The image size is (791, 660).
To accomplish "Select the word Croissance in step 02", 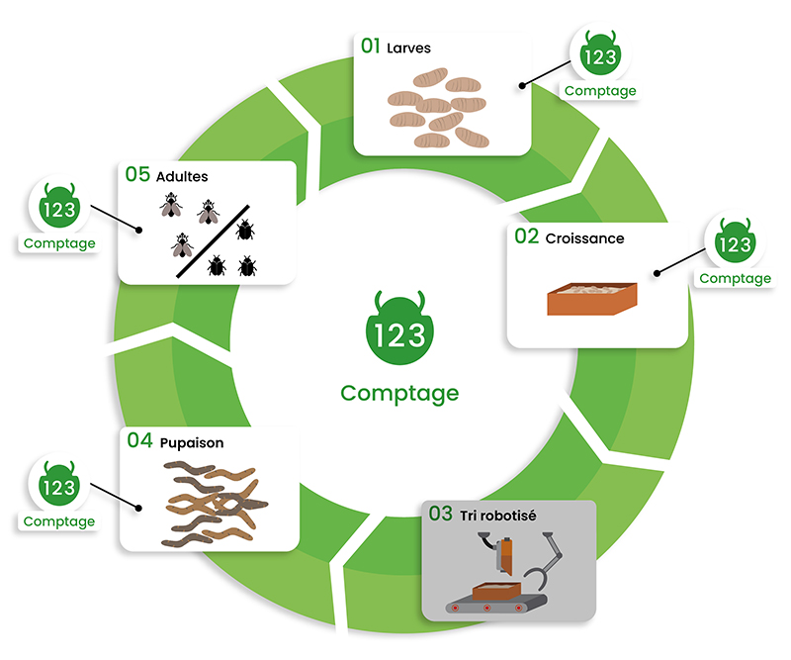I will (584, 238).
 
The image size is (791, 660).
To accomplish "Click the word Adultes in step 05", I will (182, 176).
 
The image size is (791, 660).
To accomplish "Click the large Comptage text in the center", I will (399, 393).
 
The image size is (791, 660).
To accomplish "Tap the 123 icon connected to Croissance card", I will (735, 242).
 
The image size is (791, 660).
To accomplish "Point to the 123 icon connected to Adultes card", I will (59, 207).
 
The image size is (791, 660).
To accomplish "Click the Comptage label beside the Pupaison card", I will (59, 521).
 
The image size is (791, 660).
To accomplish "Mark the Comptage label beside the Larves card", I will (600, 91).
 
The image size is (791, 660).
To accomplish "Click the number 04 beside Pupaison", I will (139, 441).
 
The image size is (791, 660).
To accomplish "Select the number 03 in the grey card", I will (441, 514).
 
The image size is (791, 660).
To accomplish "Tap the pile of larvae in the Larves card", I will (436, 107).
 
